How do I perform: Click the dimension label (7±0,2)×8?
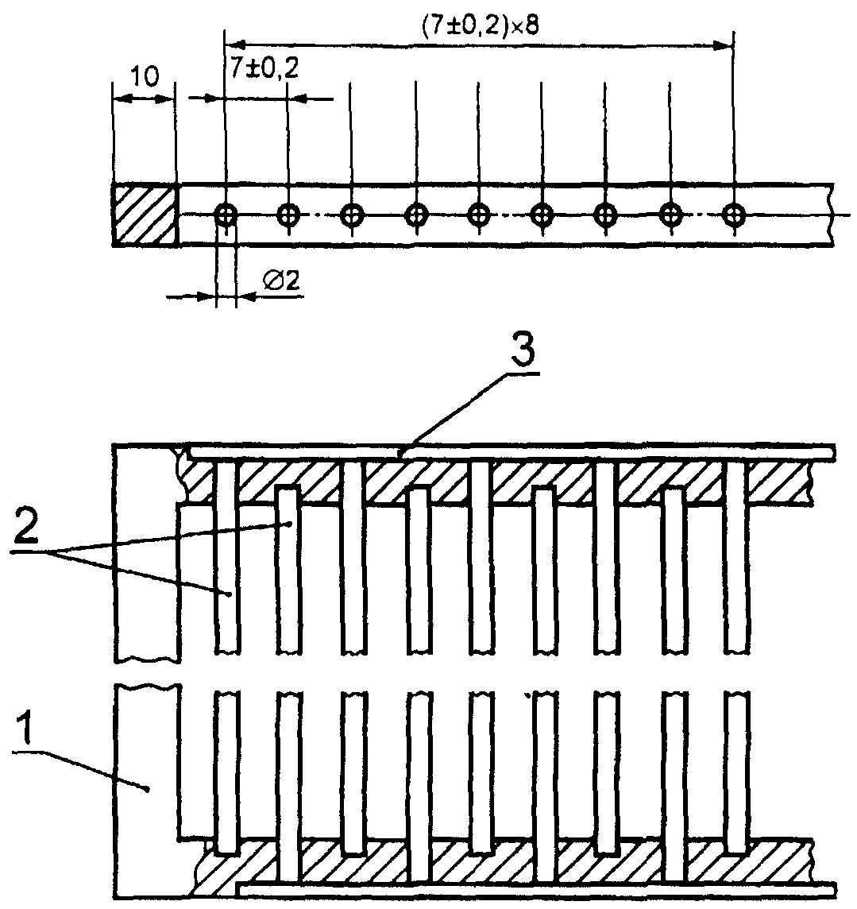click(x=479, y=26)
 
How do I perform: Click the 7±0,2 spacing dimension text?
click(x=264, y=69)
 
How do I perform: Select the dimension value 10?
click(x=144, y=76)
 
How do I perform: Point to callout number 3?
click(x=523, y=353)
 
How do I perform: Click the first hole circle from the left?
click(x=226, y=215)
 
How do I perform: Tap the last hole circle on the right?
click(x=734, y=215)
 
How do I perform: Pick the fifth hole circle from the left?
click(x=478, y=215)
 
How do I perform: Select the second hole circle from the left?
click(x=288, y=215)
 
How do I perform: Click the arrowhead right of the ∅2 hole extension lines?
click(x=245, y=297)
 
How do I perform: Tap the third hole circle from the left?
click(x=351, y=215)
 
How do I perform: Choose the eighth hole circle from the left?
click(x=670, y=215)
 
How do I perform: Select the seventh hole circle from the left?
click(x=605, y=215)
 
